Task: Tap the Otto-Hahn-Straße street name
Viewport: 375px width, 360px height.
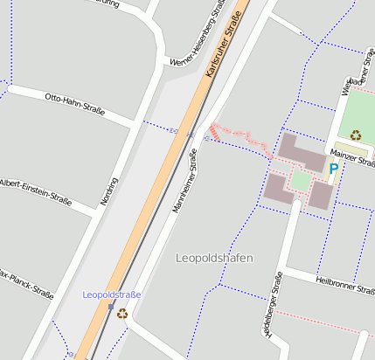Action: point(74,104)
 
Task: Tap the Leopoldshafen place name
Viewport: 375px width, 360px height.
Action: point(214,258)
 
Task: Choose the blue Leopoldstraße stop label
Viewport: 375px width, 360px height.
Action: point(111,294)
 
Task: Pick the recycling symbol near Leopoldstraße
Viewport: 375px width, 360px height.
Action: point(122,313)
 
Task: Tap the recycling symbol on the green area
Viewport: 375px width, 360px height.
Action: point(356,135)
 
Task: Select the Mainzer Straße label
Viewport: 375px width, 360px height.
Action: point(353,157)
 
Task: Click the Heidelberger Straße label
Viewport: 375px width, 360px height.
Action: point(274,305)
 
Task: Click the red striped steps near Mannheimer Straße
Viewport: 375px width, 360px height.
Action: point(213,131)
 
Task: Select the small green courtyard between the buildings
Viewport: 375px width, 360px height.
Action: point(301,181)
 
